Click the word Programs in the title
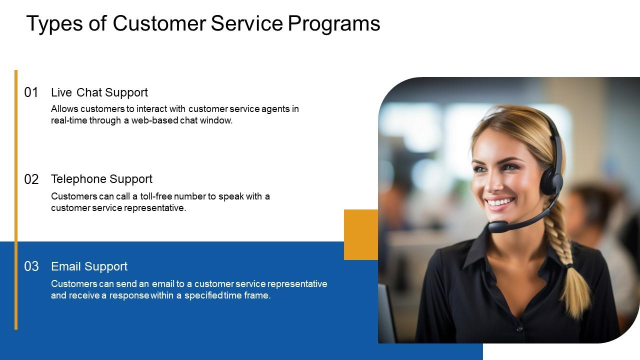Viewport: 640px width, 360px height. point(334,24)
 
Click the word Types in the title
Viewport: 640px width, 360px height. point(54,24)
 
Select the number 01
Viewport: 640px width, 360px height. point(31,92)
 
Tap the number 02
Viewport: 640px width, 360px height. point(31,179)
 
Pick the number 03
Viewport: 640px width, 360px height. point(31,266)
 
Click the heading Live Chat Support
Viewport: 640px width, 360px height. point(99,93)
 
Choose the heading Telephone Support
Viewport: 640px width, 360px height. point(101,179)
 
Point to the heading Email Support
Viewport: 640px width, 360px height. point(89,266)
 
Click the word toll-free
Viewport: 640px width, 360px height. point(156,196)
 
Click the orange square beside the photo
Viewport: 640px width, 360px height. point(361,234)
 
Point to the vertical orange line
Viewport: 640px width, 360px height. point(16,199)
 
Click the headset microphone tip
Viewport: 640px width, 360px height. point(497,226)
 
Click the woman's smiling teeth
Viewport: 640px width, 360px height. point(500,202)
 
